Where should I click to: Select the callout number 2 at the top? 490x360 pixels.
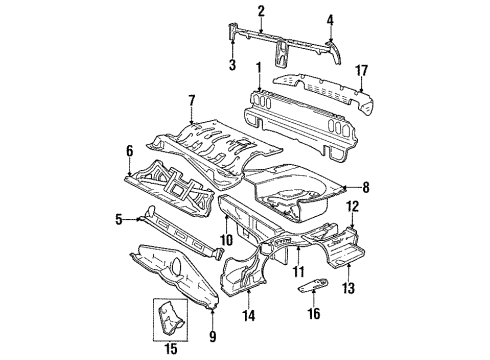[261, 11]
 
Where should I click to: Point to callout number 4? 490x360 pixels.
[331, 18]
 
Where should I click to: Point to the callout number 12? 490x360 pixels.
[351, 206]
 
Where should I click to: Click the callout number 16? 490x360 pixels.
[316, 314]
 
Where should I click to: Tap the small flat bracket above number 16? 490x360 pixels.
[314, 286]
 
